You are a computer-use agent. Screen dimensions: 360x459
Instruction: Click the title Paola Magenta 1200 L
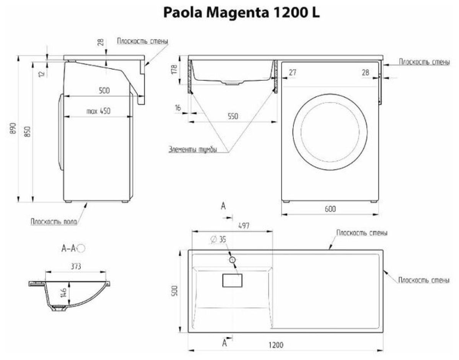241,13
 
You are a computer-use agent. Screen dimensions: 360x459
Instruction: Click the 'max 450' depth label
98,111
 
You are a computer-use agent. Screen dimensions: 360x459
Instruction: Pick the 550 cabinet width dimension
232,117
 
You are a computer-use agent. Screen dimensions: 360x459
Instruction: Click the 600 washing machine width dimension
330,209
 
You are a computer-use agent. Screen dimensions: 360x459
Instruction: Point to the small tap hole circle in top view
232,260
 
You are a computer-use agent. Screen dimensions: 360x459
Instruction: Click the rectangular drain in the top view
232,280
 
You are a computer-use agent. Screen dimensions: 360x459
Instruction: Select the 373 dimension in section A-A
75,266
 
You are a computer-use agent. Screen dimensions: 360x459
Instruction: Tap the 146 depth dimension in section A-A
65,293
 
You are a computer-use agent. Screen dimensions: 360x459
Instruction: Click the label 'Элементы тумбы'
193,150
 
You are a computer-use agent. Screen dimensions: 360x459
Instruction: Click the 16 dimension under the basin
177,108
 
